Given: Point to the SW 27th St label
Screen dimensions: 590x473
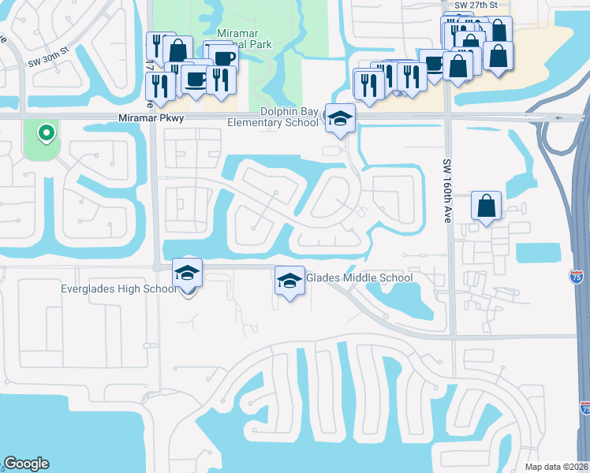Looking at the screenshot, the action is pos(476,6).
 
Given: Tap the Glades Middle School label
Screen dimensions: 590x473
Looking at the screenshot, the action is pos(359,277).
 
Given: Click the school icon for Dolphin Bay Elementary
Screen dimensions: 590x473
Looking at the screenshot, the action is pos(340,119).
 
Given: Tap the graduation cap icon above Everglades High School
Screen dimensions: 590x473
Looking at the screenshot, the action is pos(187,273).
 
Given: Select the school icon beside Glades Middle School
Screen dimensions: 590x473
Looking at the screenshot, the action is pos(289,281).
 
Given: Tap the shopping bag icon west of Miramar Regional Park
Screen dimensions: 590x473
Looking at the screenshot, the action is pos(178,50).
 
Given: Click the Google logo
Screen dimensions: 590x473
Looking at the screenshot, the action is pos(26,464).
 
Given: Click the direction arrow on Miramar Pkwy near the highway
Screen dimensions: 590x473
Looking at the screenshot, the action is pos(560,118).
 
